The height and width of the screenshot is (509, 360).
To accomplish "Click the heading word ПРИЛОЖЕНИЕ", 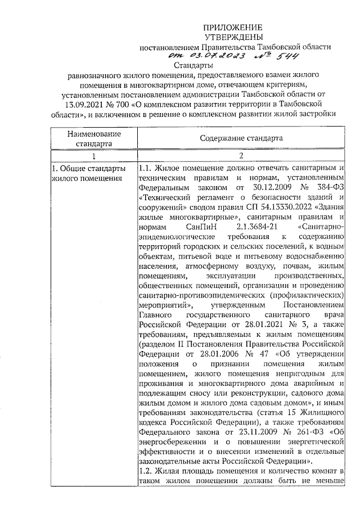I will pyautogui.click(x=232, y=27).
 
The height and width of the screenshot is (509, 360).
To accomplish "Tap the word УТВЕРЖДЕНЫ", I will pyautogui.click(x=232, y=37).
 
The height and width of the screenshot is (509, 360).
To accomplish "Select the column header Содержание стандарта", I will pyautogui.click(x=240, y=138).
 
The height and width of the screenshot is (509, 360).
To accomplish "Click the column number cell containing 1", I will pyautogui.click(x=93, y=156).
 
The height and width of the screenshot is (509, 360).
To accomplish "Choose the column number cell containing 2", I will pyautogui.click(x=240, y=156).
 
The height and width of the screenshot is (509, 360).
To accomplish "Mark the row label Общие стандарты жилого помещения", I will pyautogui.click(x=87, y=174).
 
